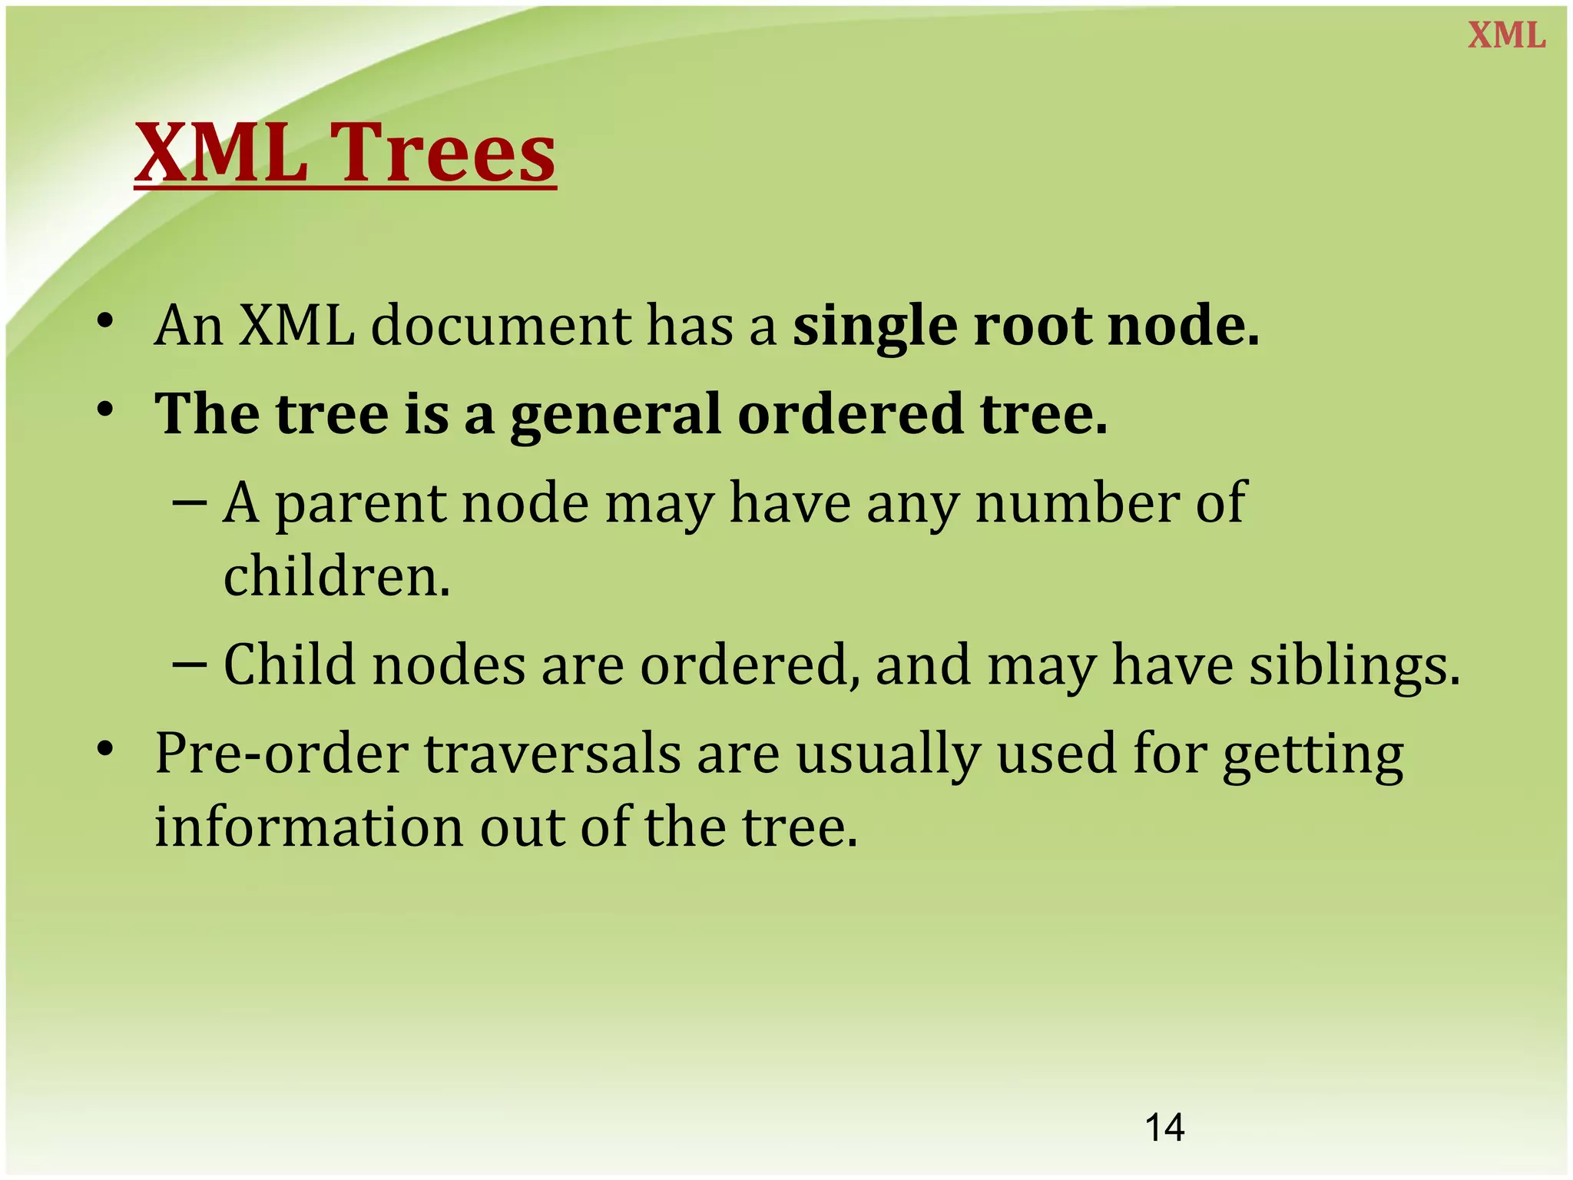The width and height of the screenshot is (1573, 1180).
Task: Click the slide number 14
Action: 1164,1128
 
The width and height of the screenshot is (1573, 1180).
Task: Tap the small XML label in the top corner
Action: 1506,36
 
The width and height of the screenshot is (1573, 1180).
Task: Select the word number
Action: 1076,503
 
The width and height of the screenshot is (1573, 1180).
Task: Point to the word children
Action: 336,576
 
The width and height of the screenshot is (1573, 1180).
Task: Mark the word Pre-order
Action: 281,754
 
